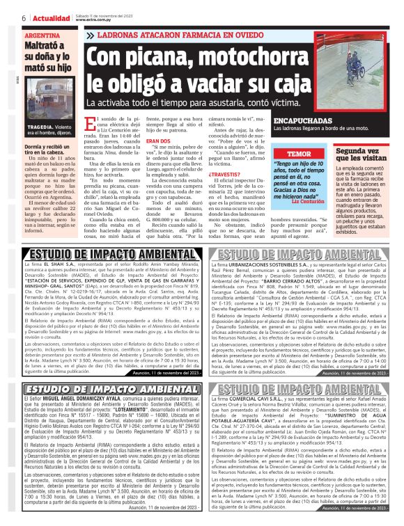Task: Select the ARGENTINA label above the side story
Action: [42, 33]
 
